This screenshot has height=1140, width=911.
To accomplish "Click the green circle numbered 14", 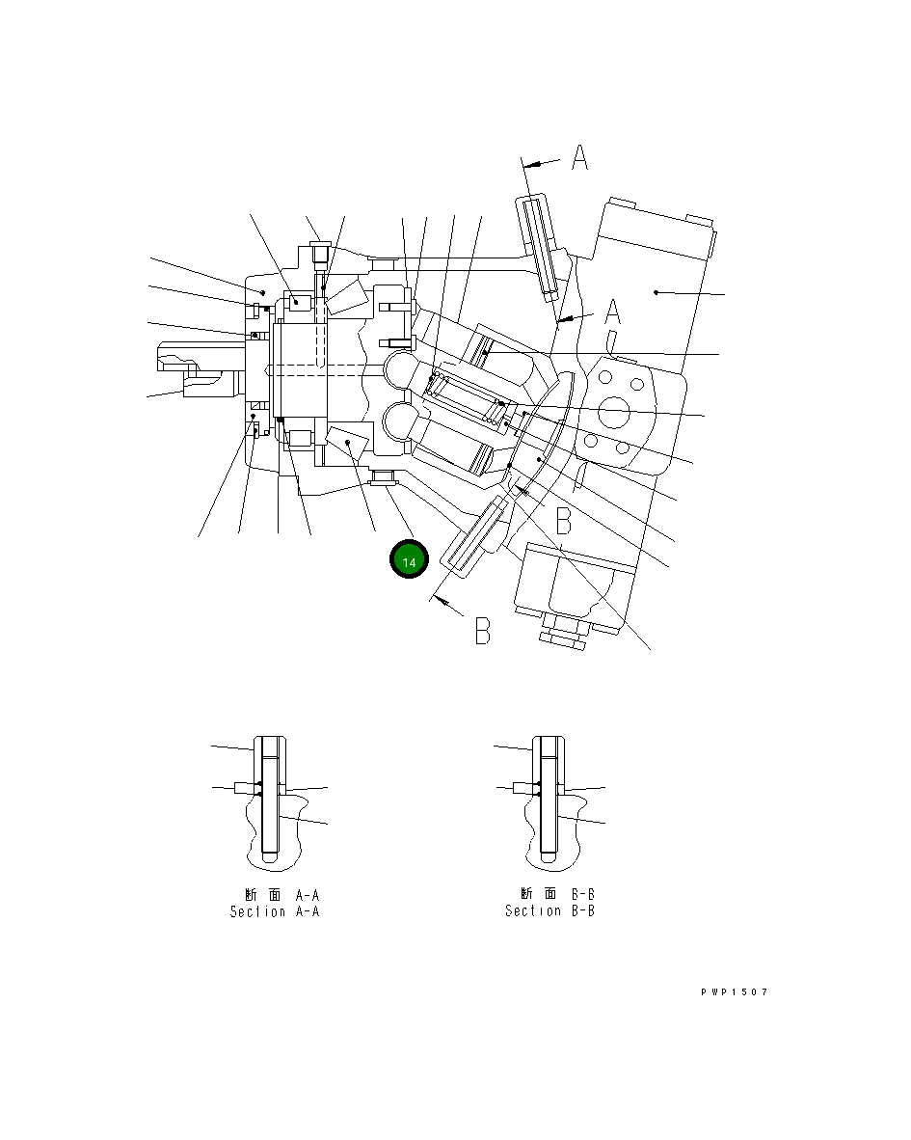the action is pos(409,559).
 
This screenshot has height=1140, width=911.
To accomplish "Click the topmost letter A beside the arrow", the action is pos(579,157).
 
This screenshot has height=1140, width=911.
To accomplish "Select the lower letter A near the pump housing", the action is pos(613,312).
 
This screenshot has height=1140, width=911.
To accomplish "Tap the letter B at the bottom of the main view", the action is pos(483,631).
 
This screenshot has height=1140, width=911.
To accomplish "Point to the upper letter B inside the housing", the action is pos(564,521).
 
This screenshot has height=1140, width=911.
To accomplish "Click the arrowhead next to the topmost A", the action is pos(531,165).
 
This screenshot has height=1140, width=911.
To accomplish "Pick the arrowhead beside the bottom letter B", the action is pos(440,600).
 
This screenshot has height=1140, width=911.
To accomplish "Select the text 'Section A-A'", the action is pos(275,911).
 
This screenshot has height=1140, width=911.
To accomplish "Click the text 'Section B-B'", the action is pos(549,910).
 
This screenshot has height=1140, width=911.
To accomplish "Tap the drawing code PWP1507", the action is pos(735,991).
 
